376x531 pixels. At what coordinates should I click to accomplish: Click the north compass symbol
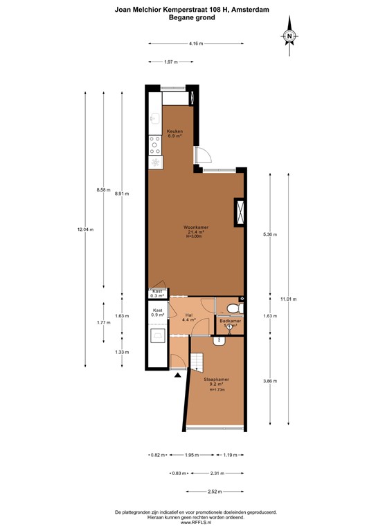[x=291, y=37]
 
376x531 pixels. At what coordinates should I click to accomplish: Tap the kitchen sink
[x=154, y=119]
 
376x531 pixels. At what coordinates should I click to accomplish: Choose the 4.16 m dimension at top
[x=196, y=44]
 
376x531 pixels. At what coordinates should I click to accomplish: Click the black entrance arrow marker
[x=179, y=375]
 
